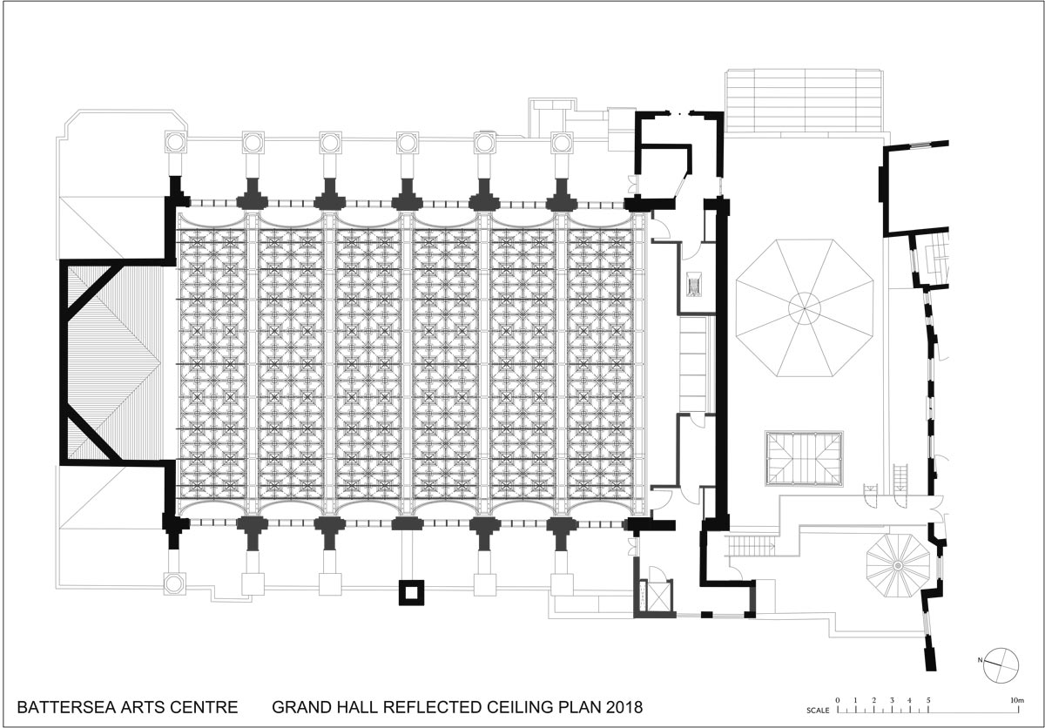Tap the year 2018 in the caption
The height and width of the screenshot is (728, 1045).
(624, 707)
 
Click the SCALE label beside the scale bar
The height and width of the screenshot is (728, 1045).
(818, 711)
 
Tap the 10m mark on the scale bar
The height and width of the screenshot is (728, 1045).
(1017, 700)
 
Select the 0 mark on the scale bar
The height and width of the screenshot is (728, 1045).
(838, 700)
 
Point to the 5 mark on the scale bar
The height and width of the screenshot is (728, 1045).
(928, 700)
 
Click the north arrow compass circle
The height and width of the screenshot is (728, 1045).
(1001, 665)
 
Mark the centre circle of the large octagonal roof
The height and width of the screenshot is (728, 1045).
(805, 308)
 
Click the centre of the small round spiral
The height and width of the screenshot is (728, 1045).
(898, 566)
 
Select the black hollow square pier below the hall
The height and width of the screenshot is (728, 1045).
(411, 592)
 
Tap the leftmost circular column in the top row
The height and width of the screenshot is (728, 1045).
(176, 142)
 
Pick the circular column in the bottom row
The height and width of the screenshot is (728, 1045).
(174, 584)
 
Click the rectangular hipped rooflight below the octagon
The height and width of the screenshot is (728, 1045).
(804, 458)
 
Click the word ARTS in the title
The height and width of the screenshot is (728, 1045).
(143, 707)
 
